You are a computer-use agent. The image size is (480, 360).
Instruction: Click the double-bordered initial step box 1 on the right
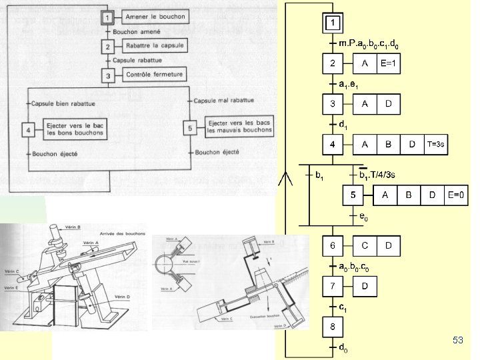333,23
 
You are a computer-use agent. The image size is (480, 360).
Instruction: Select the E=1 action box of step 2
389,64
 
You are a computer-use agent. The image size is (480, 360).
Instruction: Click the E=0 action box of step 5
456,195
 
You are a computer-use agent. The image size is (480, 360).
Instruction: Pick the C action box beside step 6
365,246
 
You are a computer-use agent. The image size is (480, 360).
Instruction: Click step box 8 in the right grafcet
333,327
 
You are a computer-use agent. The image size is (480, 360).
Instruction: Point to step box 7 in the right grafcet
333,287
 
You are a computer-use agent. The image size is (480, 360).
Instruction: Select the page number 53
457,341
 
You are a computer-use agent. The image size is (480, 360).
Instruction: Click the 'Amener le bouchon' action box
155,16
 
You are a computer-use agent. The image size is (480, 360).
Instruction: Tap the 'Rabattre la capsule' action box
155,45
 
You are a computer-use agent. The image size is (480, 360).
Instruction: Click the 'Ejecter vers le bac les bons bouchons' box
73,129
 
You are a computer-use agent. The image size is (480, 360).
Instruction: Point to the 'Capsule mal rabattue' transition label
221,101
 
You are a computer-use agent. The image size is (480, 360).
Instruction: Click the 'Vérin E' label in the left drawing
11,288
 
